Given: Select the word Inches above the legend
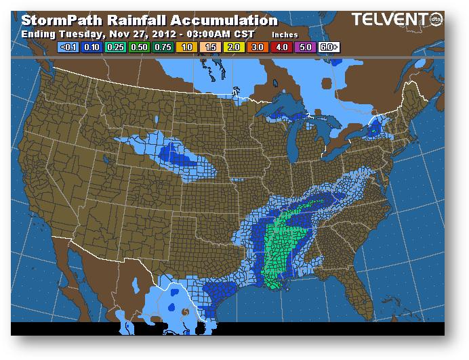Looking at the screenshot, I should [284, 34].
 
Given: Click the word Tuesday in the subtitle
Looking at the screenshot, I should [75, 33].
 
